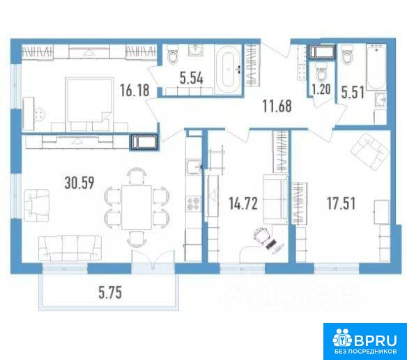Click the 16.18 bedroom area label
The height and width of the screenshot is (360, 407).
pos(135,90)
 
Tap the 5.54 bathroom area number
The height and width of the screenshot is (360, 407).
pos(192,78)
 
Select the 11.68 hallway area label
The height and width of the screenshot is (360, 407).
pos(277,106)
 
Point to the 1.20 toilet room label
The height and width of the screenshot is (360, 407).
pos(321,90)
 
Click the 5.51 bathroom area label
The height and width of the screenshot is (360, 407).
pos(353,93)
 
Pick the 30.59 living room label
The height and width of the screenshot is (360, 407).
pos(79,182)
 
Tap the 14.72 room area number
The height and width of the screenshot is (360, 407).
pos(243,203)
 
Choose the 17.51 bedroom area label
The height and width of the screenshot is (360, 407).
pos(341,203)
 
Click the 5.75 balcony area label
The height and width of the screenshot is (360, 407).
pos(110,293)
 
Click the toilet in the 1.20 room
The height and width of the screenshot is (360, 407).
pos(321,72)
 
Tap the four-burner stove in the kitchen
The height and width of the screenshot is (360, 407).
pos(194,203)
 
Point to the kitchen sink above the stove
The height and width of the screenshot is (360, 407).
pos(194,166)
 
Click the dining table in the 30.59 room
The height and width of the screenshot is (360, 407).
pos(137,207)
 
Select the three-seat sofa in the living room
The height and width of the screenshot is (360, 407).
pos(70,248)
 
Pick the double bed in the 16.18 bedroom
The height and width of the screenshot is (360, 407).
pos(90,104)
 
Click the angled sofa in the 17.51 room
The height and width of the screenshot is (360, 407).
pos(369,152)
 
